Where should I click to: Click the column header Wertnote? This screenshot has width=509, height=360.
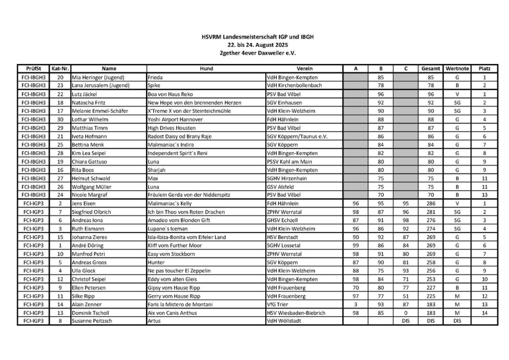tap(458, 68)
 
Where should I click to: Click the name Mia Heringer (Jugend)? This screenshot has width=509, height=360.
tap(98, 77)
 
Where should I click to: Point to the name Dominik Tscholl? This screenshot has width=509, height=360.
tap(90, 312)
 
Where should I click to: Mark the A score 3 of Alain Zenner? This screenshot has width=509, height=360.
tap(356, 304)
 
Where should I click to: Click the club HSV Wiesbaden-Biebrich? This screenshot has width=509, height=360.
tap(296, 312)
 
